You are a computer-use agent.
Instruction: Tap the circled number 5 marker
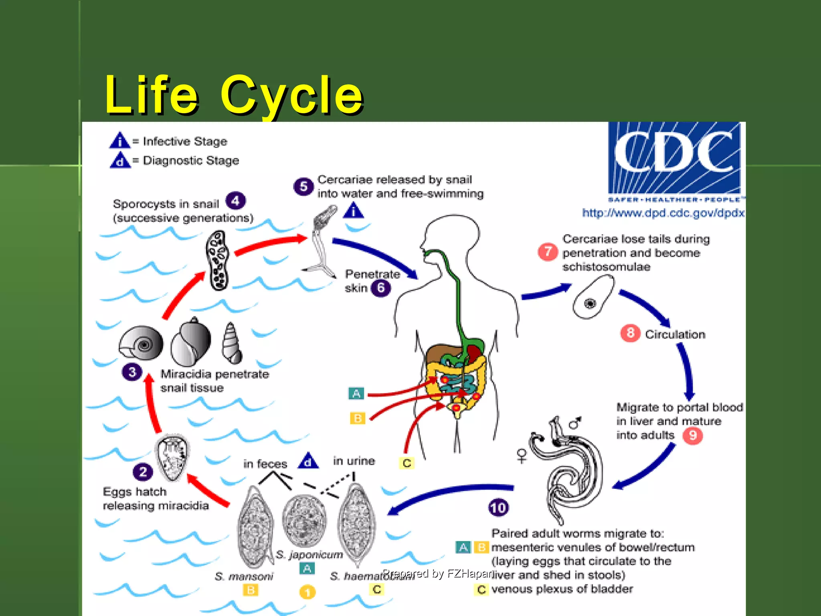(x=303, y=186)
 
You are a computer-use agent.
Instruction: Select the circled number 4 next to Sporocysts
(x=235, y=201)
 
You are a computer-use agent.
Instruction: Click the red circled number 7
(x=548, y=252)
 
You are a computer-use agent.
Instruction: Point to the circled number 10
(x=498, y=508)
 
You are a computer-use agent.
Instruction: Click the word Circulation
(x=675, y=334)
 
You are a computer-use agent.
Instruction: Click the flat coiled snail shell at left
(x=141, y=343)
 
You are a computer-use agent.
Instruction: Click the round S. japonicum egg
(x=304, y=521)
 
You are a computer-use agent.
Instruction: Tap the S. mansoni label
(x=244, y=576)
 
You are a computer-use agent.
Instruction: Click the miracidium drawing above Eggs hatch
(x=173, y=457)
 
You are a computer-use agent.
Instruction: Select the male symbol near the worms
(x=576, y=423)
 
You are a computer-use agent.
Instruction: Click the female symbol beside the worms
(x=522, y=456)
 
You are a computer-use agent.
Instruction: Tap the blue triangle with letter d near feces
(x=308, y=461)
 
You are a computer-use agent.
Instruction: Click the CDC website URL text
(x=663, y=213)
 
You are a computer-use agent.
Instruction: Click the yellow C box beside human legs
(x=407, y=463)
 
